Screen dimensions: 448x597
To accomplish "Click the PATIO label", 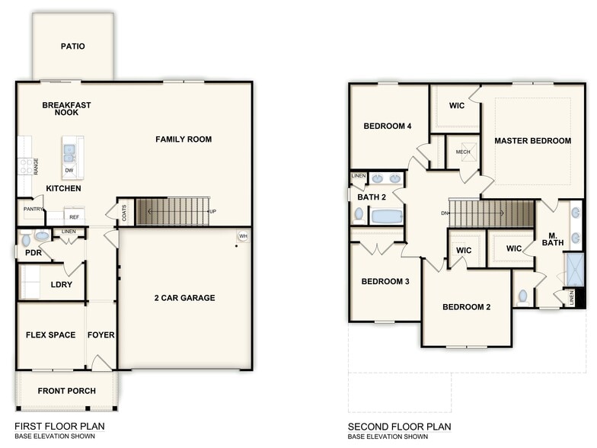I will [73, 46].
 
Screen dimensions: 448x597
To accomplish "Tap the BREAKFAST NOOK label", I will [66, 109].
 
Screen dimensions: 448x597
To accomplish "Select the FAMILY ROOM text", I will [184, 139].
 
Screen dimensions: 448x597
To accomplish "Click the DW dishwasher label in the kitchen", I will [69, 170].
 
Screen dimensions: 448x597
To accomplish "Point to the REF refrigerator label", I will [74, 217].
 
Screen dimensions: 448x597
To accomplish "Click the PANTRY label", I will [33, 208].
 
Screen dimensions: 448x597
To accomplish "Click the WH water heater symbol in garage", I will [244, 237].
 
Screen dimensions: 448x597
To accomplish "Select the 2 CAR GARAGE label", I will [185, 298].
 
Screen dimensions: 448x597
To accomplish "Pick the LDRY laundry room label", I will [62, 284].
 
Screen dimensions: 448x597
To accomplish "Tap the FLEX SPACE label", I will [51, 334].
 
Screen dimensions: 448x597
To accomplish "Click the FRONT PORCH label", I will [66, 392].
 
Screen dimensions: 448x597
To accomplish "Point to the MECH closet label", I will [463, 152].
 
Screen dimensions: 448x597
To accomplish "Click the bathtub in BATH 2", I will [387, 216].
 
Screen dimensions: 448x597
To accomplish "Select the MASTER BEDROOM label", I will [532, 141].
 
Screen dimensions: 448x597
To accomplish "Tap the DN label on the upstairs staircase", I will [443, 213].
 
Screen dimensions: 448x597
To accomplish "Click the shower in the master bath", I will [574, 269].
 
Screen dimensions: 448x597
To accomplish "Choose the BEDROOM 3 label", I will [385, 282].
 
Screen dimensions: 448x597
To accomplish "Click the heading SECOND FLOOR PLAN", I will [400, 427].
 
